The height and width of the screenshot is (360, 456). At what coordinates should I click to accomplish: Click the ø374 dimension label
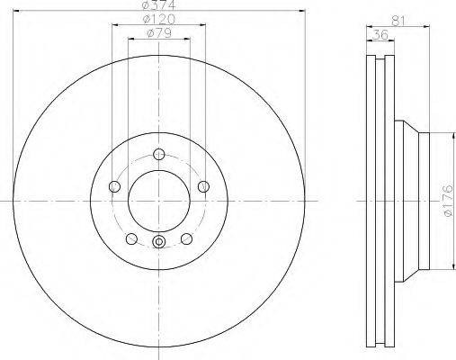157,7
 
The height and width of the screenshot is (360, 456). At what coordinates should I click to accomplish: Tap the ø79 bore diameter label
158,35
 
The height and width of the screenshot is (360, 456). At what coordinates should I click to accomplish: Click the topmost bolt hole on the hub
158,152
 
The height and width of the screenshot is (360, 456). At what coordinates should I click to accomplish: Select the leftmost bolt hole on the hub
114,187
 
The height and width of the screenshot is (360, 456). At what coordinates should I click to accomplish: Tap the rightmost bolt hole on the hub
203,186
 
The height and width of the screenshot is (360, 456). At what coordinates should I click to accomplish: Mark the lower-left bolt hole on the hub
131,238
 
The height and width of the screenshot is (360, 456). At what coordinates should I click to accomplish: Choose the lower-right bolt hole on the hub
186,238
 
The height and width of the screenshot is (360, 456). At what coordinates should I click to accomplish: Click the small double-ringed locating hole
159,240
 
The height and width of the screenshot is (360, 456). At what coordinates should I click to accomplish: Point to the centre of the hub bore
158,199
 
